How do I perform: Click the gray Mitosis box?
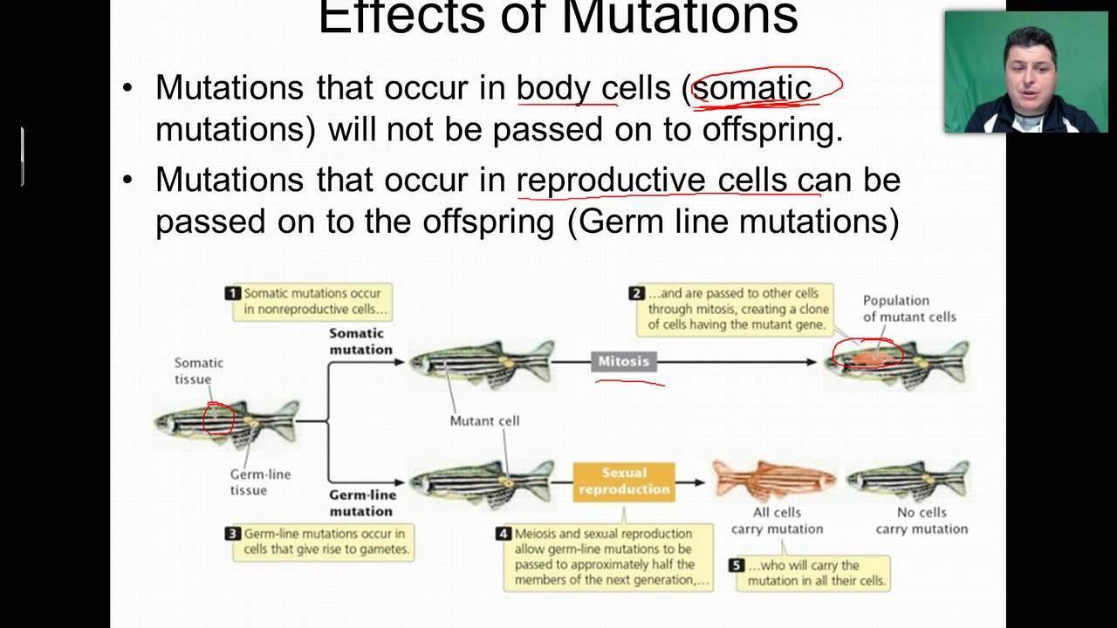(x=623, y=361)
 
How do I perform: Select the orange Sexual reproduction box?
(x=624, y=481)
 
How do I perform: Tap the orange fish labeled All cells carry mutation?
(x=775, y=480)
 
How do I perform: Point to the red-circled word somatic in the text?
(x=752, y=88)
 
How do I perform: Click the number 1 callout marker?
(x=233, y=294)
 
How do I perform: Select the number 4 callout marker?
(x=504, y=534)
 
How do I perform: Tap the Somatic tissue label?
(x=198, y=371)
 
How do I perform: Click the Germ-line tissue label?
(x=259, y=482)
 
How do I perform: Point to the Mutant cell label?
(x=484, y=420)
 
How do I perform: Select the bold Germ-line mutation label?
(x=361, y=503)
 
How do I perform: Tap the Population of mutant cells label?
(x=908, y=309)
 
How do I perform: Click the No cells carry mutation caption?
(x=921, y=521)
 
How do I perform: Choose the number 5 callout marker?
(x=737, y=566)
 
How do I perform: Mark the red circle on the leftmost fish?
(x=218, y=418)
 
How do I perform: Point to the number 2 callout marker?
(x=636, y=294)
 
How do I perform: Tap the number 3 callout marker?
(x=233, y=534)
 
